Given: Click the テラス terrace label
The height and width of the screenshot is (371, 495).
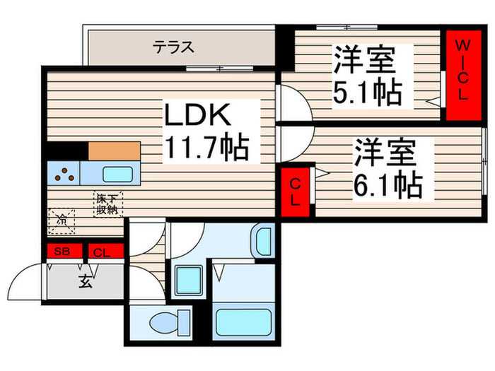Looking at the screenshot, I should pos(173,48).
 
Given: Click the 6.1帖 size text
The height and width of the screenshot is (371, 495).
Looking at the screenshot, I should pos(386,185).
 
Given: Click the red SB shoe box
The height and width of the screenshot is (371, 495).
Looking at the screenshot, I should pos(64,252).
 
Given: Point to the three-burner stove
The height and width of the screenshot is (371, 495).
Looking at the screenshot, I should pos(64,173).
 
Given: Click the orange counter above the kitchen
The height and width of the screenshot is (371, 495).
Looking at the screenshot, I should pos(114,151).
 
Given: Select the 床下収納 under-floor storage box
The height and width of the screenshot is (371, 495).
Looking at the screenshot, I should pos(108,203).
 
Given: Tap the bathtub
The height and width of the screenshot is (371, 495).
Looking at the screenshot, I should pos(243,323).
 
